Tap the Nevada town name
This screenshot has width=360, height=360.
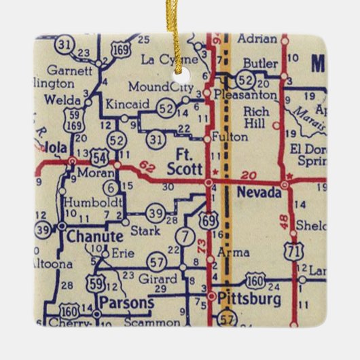click(258, 194)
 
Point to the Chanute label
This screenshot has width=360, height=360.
click(94, 236)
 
